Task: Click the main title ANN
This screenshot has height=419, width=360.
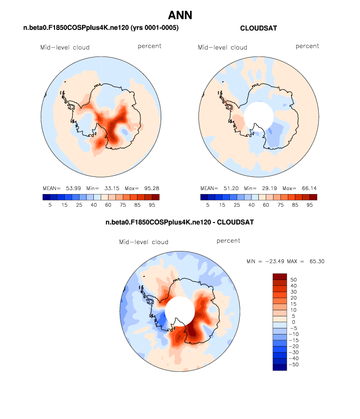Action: (x=180, y=15)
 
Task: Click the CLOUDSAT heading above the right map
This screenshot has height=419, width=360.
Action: (x=258, y=28)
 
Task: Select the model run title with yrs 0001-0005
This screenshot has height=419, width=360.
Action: (x=101, y=28)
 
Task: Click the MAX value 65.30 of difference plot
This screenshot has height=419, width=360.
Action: (x=314, y=261)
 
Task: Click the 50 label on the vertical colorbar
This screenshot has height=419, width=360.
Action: (x=293, y=279)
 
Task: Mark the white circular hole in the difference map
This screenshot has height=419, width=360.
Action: (x=179, y=310)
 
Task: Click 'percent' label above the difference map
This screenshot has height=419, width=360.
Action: (x=228, y=241)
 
